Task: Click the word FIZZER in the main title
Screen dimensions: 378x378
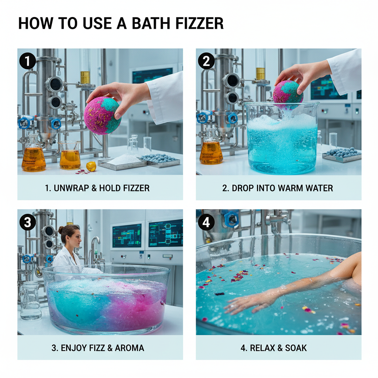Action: coord(198,23)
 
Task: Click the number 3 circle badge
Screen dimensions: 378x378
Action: coord(27,222)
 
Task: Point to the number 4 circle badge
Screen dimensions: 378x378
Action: coord(206,222)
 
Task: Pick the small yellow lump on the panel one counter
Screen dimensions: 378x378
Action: coord(91,166)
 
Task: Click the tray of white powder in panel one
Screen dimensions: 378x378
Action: coord(123,161)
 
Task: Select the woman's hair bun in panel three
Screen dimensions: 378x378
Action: coord(61,230)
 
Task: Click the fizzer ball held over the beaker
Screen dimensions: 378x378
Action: coord(288,92)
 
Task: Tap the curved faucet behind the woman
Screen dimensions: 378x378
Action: coord(94,245)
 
